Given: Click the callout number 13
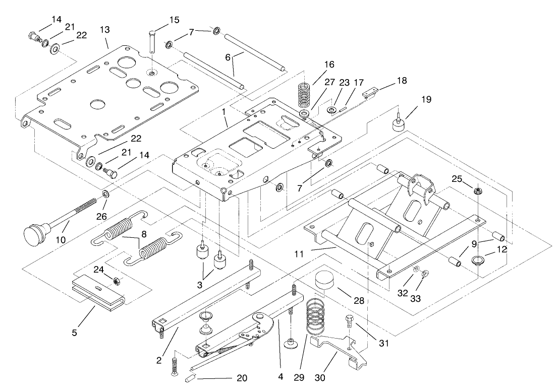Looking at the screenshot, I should click(x=104, y=30).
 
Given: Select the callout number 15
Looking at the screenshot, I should click(x=174, y=20).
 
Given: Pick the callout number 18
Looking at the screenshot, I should click(x=402, y=80).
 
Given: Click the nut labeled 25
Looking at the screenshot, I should click(x=476, y=191).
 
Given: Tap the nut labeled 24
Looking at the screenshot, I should click(x=116, y=281).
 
